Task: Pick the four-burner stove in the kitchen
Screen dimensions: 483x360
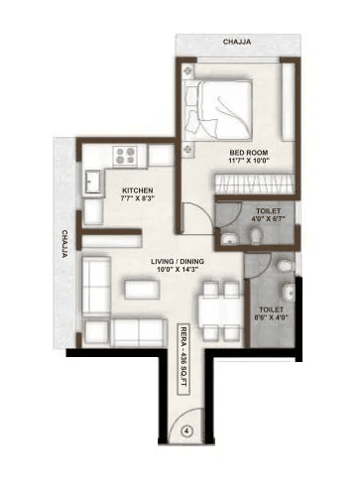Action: click(127, 156)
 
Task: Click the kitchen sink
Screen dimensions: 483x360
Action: click(92, 182)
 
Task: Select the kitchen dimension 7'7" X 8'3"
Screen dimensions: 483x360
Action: click(138, 199)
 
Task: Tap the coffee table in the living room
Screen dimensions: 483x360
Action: click(140, 289)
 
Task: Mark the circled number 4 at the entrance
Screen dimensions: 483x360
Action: click(187, 431)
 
